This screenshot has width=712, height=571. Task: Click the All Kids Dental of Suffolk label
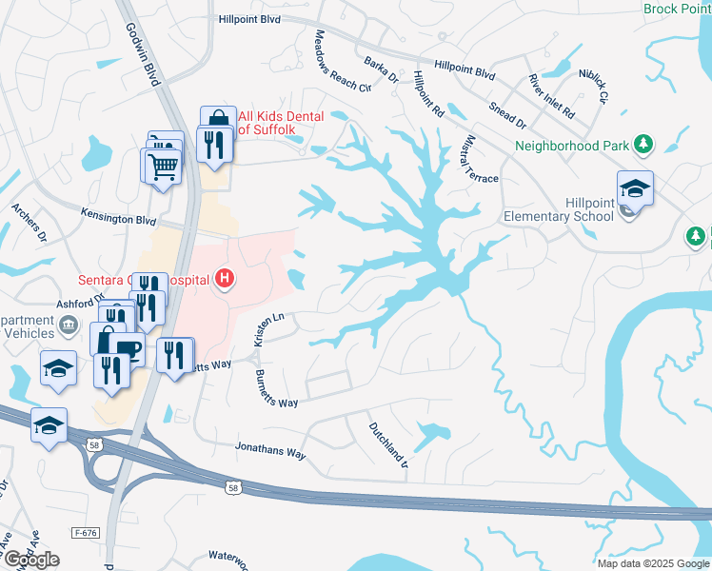(281, 122)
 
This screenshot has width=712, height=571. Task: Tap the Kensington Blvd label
(118, 218)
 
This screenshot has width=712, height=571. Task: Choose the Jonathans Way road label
(270, 450)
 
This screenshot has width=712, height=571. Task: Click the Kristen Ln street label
(264, 330)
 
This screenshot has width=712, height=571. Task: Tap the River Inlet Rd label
(553, 95)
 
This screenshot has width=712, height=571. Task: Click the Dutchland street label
(387, 447)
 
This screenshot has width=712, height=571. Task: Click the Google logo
(31, 560)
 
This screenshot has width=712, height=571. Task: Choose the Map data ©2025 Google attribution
(653, 563)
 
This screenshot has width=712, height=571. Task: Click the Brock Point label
(677, 9)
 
